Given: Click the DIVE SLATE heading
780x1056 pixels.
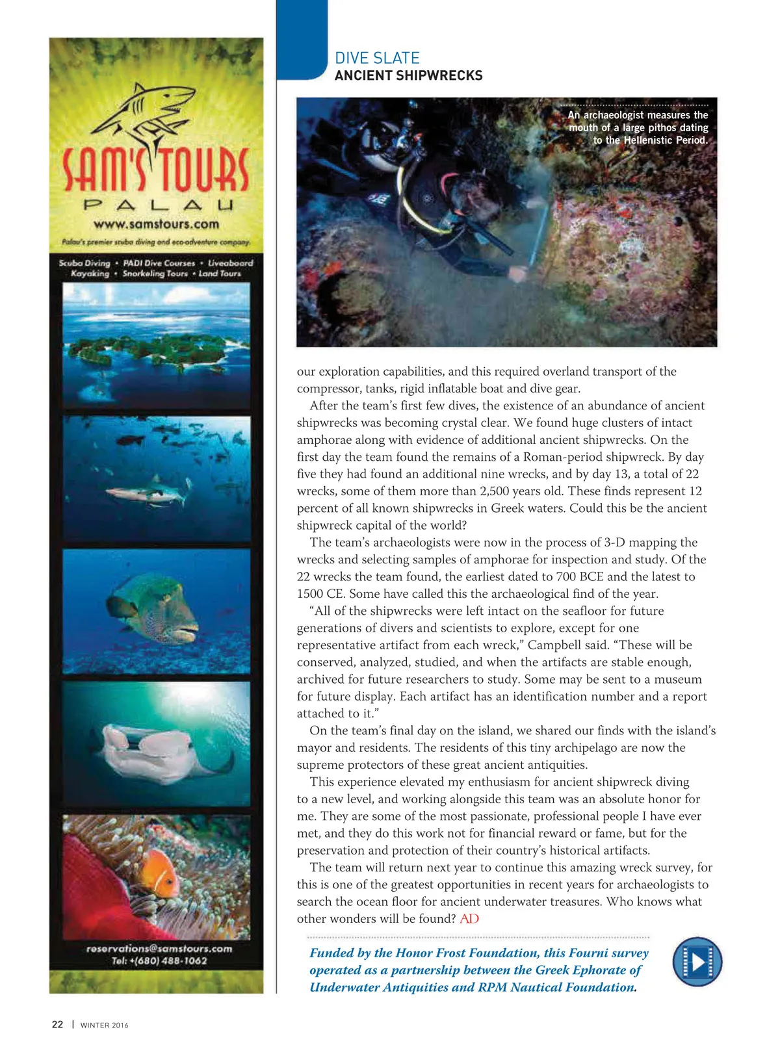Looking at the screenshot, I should [377, 58].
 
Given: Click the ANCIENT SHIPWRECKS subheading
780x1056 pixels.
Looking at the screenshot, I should [408, 75].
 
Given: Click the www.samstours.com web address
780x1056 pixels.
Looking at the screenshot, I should [156, 224].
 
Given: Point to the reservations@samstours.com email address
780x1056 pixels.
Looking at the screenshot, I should [159, 948].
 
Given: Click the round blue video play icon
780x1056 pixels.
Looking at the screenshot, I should [697, 961].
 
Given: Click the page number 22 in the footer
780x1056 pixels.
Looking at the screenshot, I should [57, 1024].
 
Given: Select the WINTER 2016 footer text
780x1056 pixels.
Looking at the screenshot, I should [104, 1025].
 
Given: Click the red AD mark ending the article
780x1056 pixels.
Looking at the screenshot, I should [469, 918].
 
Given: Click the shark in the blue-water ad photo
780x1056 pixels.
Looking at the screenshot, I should [146, 494].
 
